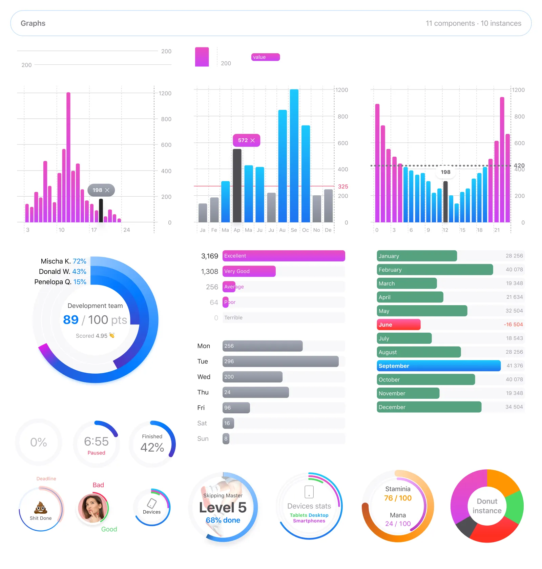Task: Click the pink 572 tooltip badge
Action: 246,140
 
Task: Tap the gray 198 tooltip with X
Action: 101,190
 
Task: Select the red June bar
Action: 398,325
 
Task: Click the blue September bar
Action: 438,366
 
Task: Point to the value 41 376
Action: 514,366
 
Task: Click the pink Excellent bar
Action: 284,256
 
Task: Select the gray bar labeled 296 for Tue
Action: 280,361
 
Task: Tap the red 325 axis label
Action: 343,187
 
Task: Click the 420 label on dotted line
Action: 519,165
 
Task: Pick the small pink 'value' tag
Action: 265,57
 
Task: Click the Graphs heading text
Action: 33,23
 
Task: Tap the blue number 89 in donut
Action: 71,320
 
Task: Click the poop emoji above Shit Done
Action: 41,508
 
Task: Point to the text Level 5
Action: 223,508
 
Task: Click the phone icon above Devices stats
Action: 309,492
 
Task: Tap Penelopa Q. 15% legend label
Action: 60,282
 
